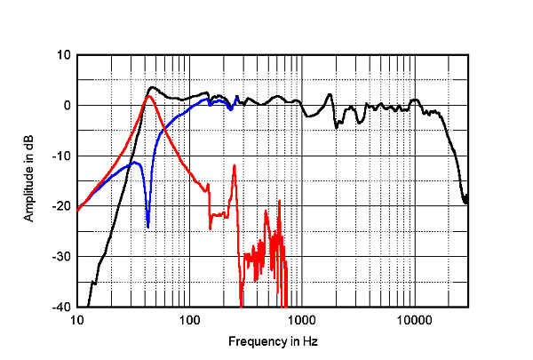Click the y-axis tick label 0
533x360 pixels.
click(x=67, y=106)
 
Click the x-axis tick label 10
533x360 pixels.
click(x=77, y=320)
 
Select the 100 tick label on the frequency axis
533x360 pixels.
click(x=189, y=320)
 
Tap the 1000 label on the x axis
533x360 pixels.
click(x=301, y=320)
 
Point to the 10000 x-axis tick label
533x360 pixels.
click(x=413, y=320)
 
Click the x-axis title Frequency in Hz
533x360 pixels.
click(x=273, y=341)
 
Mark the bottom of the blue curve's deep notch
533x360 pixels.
click(x=148, y=227)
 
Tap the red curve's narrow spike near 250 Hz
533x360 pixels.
click(x=234, y=165)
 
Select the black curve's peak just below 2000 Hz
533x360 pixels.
click(x=330, y=94)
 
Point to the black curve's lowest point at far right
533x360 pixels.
click(x=466, y=204)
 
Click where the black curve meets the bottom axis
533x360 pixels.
click(x=88, y=307)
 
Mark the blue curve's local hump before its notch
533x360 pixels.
click(x=134, y=163)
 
